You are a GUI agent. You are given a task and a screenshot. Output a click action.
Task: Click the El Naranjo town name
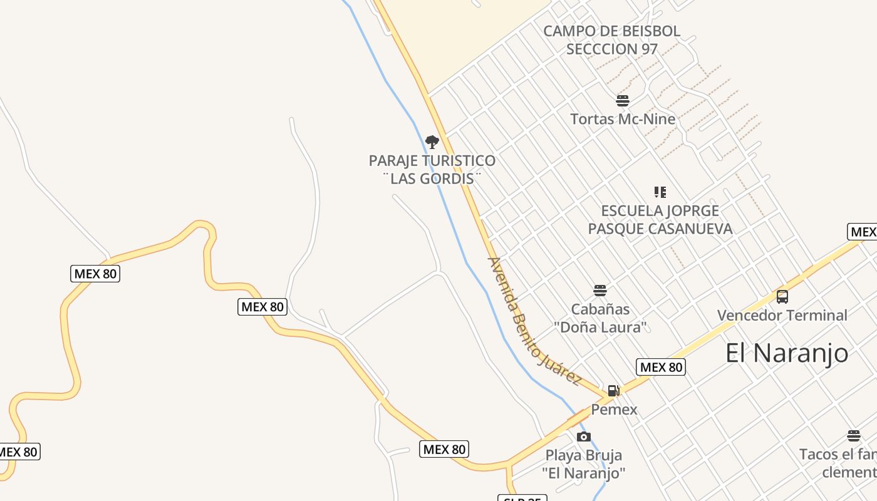pos(787,353)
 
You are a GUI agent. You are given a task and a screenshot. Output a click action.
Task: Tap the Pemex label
pos(614,410)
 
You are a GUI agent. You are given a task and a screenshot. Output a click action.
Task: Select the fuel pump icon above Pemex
pos(614,391)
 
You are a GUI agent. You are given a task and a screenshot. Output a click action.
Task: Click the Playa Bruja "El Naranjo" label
pos(584,463)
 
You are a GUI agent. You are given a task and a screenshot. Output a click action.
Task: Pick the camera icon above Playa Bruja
pos(584,436)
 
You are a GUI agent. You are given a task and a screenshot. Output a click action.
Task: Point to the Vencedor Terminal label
pos(782,315)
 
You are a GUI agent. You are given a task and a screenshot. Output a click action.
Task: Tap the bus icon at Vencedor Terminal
pos(782,297)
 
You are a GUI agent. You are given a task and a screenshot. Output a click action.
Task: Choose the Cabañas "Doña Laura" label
pos(600,318)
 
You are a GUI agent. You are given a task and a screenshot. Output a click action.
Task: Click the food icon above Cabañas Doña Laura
pos(600,291)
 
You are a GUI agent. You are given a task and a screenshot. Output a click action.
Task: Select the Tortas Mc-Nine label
pos(623,119)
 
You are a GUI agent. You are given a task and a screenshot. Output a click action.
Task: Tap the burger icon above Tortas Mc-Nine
pos(623,100)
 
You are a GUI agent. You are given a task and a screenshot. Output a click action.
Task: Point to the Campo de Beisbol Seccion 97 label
pos(611,39)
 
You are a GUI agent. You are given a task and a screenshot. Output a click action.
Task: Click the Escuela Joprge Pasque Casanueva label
pos(660,219)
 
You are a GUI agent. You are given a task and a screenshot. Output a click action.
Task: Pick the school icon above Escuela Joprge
pos(660,192)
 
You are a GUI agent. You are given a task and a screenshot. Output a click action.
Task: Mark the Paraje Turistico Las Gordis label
pos(432,169)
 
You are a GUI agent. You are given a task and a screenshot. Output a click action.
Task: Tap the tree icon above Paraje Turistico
pos(432,142)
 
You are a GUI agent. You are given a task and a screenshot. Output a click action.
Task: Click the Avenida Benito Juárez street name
pos(534,322)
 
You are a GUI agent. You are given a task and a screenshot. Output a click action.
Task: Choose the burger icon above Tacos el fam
pos(853,436)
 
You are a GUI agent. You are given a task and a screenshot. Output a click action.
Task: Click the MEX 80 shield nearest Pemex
pos(660,367)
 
